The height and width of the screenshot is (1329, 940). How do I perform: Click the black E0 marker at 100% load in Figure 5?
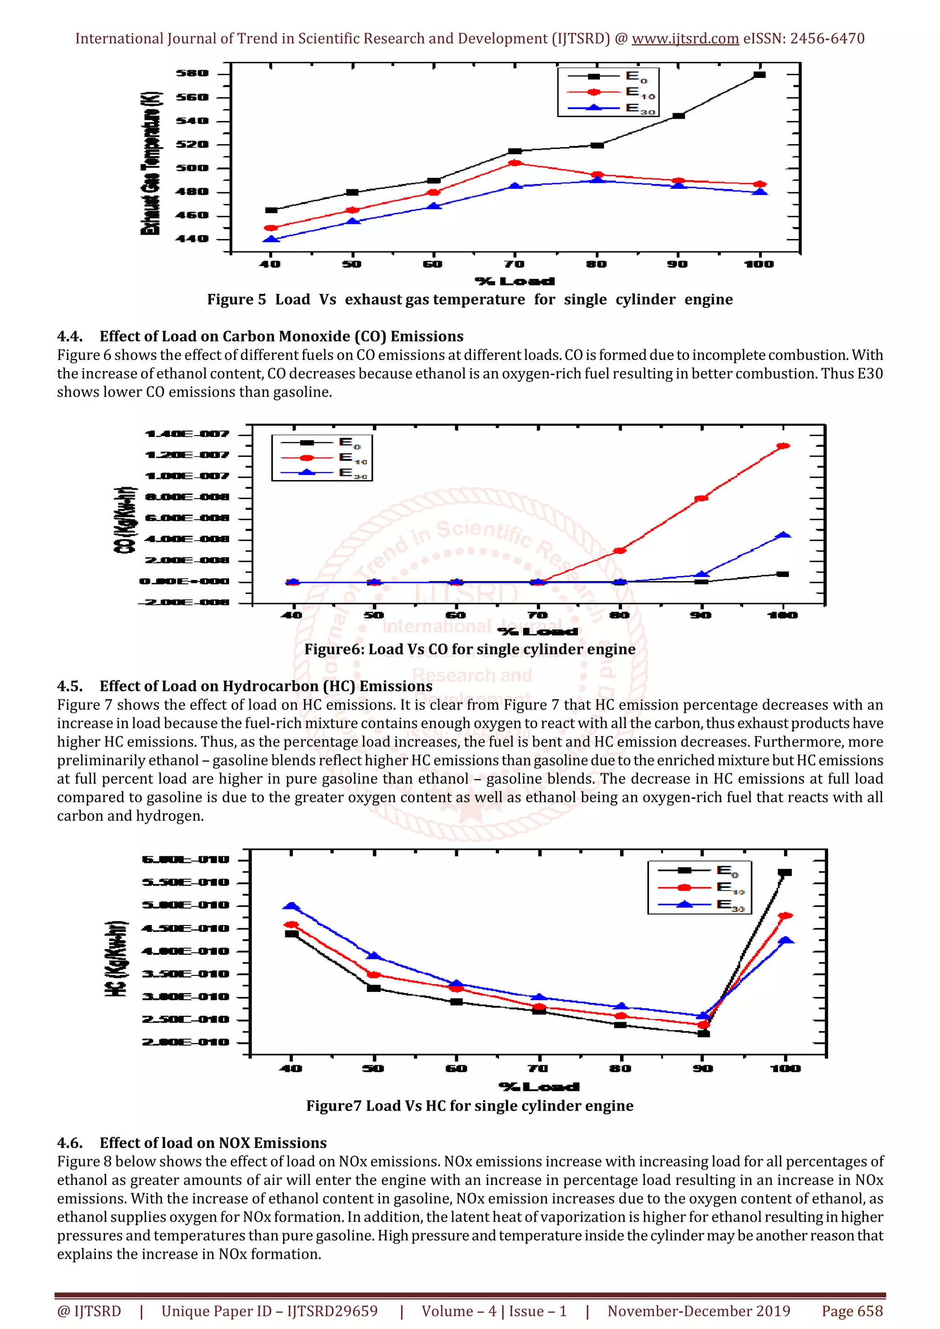(x=759, y=75)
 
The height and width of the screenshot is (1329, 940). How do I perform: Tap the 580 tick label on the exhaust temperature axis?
(x=192, y=73)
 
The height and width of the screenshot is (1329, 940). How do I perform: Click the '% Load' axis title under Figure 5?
(x=515, y=281)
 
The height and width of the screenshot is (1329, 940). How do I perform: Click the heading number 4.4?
(x=69, y=336)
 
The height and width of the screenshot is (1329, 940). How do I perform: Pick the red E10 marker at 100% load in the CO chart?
(x=783, y=446)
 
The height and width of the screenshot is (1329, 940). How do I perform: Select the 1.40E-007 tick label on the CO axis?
(x=187, y=434)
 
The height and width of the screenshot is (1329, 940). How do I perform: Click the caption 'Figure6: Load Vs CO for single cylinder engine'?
(x=470, y=649)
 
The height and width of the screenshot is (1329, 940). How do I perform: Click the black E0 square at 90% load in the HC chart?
(x=703, y=1033)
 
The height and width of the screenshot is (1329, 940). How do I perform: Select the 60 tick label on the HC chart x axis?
(x=456, y=1069)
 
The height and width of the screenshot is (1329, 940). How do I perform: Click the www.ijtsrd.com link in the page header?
(x=685, y=39)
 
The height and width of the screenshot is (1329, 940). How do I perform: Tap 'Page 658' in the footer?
(x=852, y=1311)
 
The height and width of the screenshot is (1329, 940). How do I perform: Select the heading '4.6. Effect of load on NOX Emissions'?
(x=192, y=1143)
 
